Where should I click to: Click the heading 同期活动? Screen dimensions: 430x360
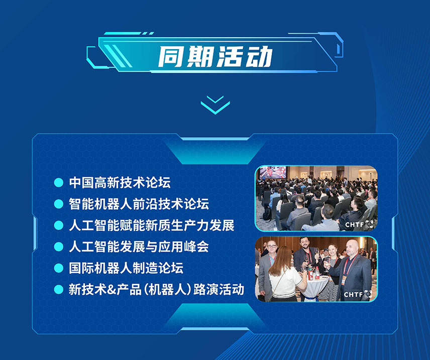point(216,57)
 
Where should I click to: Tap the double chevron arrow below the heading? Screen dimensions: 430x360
point(216,105)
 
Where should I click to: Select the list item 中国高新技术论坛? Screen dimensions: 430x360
point(120,183)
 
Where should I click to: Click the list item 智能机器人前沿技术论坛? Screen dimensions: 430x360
point(139,204)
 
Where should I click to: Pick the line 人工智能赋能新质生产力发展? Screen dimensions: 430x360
point(152,225)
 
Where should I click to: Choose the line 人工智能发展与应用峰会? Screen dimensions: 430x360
point(139,247)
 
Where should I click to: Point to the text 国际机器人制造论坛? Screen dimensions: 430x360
point(126,268)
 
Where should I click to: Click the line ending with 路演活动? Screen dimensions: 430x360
point(156,290)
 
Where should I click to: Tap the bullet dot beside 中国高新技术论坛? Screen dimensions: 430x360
point(59,183)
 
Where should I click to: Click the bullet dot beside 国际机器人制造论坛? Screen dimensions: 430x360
point(59,268)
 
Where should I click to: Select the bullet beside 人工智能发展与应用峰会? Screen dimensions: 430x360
point(59,247)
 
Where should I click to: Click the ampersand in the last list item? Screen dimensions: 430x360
point(112,290)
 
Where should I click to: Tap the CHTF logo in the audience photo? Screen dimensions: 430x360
point(359,224)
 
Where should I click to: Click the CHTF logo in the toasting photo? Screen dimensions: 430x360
point(358,294)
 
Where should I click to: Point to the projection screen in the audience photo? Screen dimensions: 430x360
point(273,172)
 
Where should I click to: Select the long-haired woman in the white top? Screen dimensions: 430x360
point(285,274)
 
